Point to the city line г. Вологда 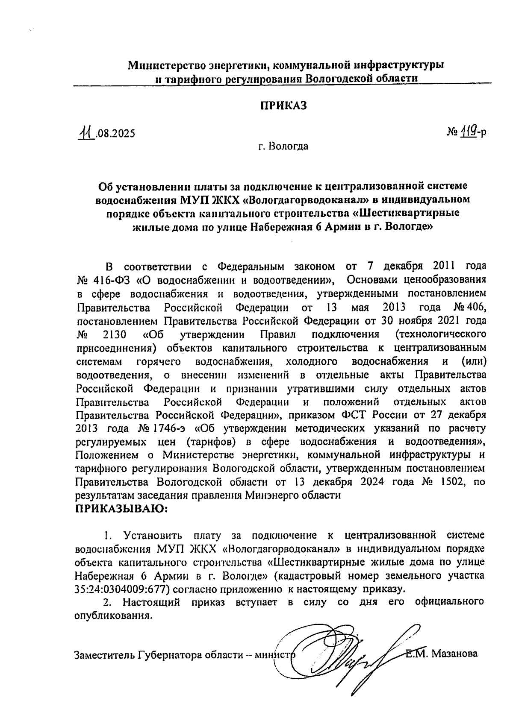283,147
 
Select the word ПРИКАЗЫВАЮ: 121,509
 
